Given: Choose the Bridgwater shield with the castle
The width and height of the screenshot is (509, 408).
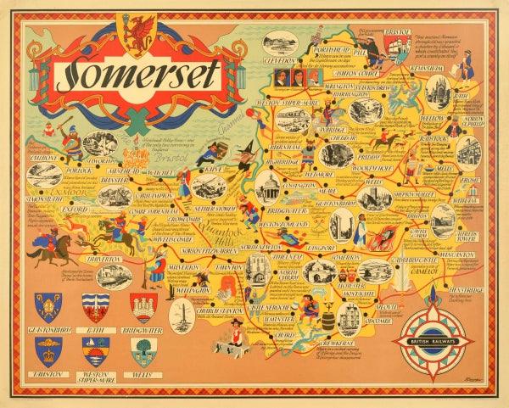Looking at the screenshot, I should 143,307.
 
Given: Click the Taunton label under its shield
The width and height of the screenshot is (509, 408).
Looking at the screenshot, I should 48,372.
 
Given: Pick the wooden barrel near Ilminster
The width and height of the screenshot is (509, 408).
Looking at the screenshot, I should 327,320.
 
